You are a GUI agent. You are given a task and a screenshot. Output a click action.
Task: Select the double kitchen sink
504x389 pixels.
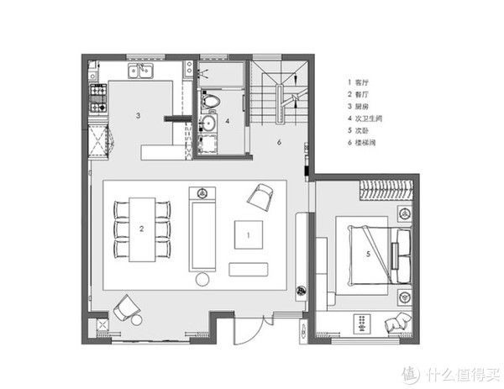140,70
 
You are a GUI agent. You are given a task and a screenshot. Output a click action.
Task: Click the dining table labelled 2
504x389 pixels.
142,228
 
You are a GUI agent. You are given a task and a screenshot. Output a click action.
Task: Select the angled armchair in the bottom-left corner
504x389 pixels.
128,308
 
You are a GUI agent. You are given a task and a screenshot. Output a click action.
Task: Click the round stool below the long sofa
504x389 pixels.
202,281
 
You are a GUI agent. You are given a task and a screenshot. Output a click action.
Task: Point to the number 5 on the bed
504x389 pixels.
368,253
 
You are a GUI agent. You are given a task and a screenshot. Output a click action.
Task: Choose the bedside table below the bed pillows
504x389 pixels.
404,296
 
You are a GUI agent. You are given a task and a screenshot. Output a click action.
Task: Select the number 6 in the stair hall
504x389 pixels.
280,144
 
